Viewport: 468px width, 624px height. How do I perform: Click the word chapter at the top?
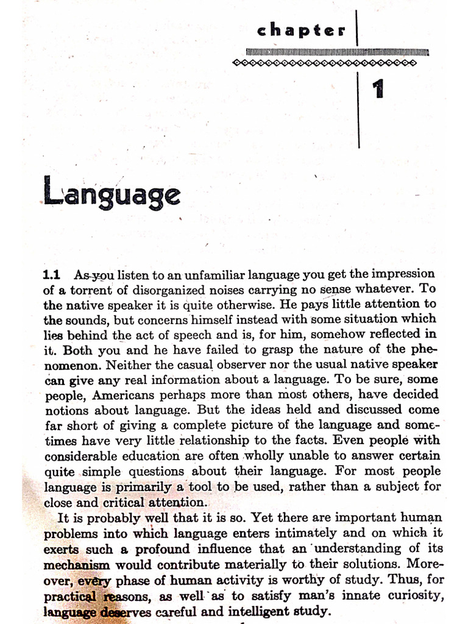302,30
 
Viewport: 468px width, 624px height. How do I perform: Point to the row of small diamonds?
325,62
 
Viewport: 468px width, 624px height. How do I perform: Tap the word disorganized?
163,289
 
